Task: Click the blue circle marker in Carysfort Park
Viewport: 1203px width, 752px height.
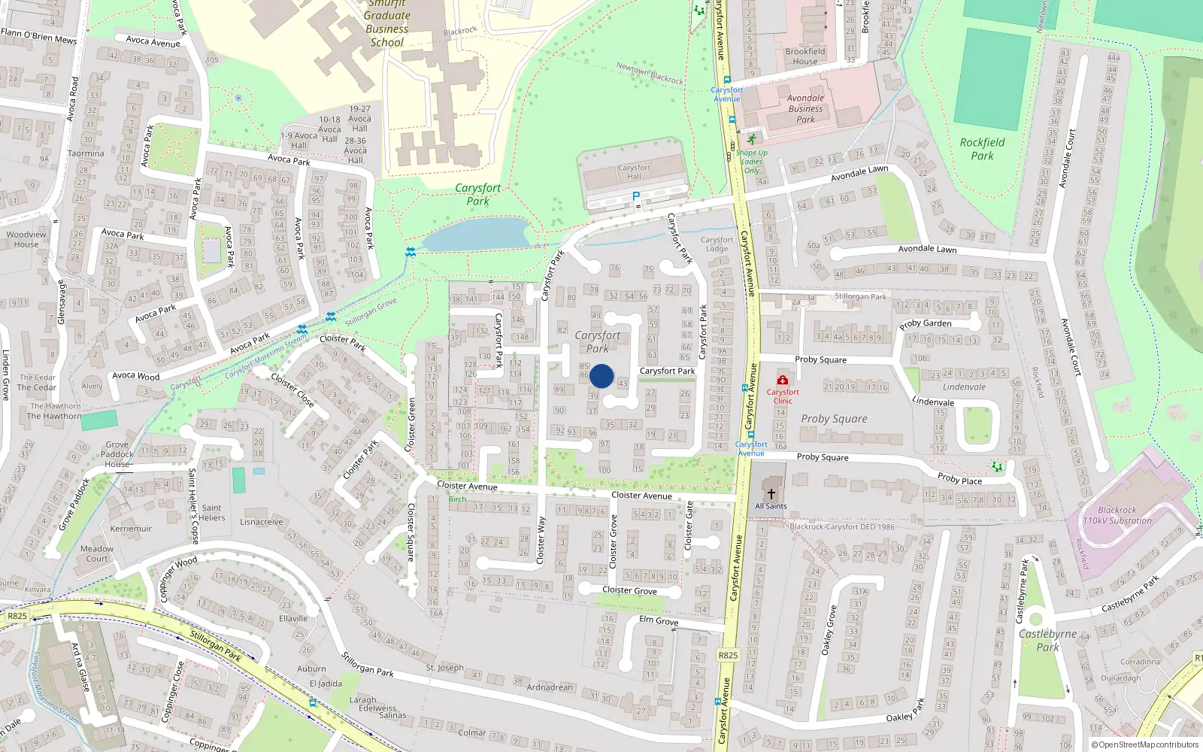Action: click(x=601, y=376)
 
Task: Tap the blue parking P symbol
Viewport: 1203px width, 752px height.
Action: click(x=636, y=197)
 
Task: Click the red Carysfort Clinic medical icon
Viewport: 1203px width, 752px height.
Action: click(x=783, y=381)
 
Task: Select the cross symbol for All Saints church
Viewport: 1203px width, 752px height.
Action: click(x=771, y=494)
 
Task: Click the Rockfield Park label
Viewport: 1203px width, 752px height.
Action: click(x=982, y=149)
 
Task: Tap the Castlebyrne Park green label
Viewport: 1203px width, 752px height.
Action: click(x=1047, y=640)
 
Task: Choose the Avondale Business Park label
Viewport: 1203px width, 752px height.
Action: click(x=805, y=108)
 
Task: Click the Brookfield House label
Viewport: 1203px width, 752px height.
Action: click(x=805, y=56)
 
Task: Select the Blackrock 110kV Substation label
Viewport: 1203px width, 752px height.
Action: click(x=1117, y=515)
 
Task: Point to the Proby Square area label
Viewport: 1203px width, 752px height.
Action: click(x=834, y=419)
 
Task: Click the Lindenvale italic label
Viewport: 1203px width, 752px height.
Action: click(x=964, y=387)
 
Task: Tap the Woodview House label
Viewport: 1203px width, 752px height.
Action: click(x=26, y=239)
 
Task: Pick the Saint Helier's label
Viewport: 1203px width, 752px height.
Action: click(x=211, y=513)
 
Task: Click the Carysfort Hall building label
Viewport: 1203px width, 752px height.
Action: click(x=634, y=171)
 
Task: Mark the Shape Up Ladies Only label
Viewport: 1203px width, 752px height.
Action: click(x=752, y=161)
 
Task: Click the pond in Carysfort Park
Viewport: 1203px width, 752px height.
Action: click(x=477, y=234)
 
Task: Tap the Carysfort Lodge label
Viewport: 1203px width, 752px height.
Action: click(x=717, y=244)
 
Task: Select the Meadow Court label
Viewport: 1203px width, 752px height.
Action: click(x=97, y=553)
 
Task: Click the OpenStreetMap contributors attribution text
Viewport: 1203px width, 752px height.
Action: click(x=1144, y=744)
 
